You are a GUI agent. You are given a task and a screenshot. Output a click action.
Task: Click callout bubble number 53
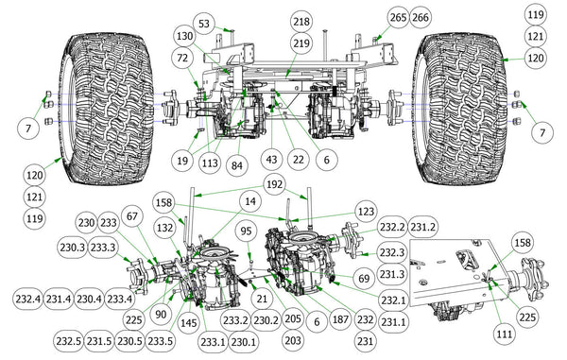(204, 24)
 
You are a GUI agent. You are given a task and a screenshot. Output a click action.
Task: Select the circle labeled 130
(185, 37)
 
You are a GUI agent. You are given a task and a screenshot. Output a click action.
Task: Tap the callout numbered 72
(183, 58)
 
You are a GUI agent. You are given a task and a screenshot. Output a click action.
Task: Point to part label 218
(301, 22)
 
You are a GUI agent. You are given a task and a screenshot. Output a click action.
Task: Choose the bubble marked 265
(398, 17)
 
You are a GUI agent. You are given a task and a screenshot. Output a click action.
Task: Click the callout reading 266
(421, 17)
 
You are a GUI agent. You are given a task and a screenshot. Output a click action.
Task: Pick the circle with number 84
(237, 165)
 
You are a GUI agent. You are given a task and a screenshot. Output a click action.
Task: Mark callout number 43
(271, 160)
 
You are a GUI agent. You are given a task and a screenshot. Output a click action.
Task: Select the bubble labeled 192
(274, 184)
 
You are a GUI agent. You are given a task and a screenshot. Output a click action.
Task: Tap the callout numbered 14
(250, 201)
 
